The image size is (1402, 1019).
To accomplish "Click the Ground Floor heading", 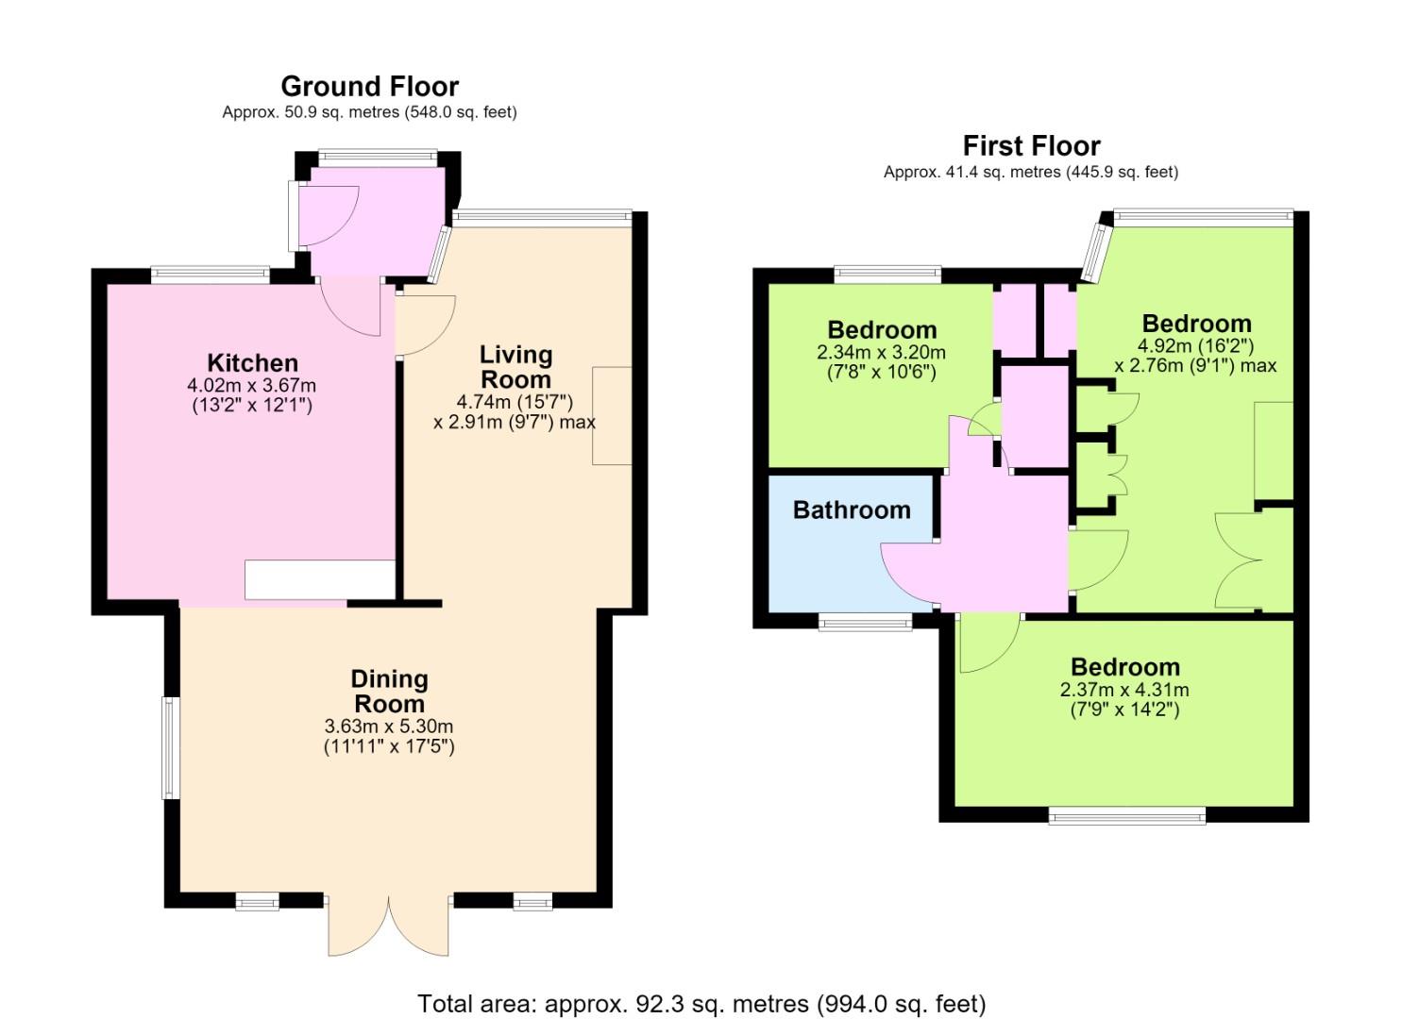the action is click(369, 86).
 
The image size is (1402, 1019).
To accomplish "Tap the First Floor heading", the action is click(1031, 145).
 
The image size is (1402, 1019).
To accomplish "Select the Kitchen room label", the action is click(252, 363).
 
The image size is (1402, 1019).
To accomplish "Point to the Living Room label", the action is click(515, 367).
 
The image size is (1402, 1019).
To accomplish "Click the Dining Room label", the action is click(389, 692).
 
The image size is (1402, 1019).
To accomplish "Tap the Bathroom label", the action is click(852, 509).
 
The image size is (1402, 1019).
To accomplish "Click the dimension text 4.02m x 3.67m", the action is click(252, 385).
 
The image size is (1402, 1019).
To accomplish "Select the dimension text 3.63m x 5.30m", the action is click(389, 727).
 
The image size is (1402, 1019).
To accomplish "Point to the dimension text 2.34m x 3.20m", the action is click(881, 352).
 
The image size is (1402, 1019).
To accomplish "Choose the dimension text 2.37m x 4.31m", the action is click(1124, 690).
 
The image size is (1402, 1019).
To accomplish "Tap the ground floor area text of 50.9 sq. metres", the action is click(369, 112).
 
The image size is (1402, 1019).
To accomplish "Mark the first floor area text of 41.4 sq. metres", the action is click(1031, 172).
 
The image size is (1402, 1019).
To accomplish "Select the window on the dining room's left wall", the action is click(171, 747).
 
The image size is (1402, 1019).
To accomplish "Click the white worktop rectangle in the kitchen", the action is click(320, 580).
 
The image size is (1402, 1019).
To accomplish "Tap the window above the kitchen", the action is click(211, 276).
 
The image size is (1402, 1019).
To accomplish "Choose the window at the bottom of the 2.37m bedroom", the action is click(1127, 815).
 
